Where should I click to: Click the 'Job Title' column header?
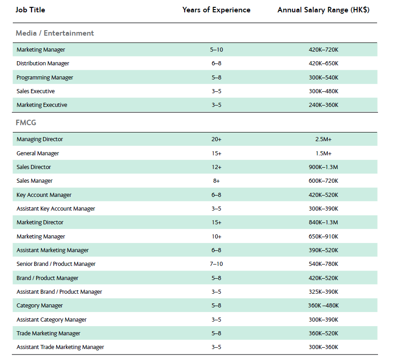pos(31,10)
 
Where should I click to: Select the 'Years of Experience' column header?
pos(216,10)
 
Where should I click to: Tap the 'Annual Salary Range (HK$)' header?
pos(324,10)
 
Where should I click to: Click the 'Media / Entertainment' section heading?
pos(55,33)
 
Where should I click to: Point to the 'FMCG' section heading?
pos(26,122)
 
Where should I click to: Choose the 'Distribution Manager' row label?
pos(43,64)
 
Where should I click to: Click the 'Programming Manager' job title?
pos(45,77)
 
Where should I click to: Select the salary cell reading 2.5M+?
pos(324,139)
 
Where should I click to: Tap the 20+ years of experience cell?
pos(216,139)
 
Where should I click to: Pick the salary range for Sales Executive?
pos(324,91)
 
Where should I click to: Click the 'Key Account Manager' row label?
pos(44,195)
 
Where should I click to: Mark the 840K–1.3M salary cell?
pos(324,222)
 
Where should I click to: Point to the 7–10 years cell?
pos(216,264)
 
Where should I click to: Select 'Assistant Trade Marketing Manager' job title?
pos(60,347)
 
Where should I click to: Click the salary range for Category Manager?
pos(324,306)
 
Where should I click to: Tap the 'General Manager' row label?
pos(37,153)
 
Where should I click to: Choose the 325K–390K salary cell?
pos(324,291)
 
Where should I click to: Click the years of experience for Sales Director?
pos(216,167)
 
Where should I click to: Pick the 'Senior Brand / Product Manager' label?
pos(56,264)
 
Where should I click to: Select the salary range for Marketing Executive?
pos(324,105)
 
